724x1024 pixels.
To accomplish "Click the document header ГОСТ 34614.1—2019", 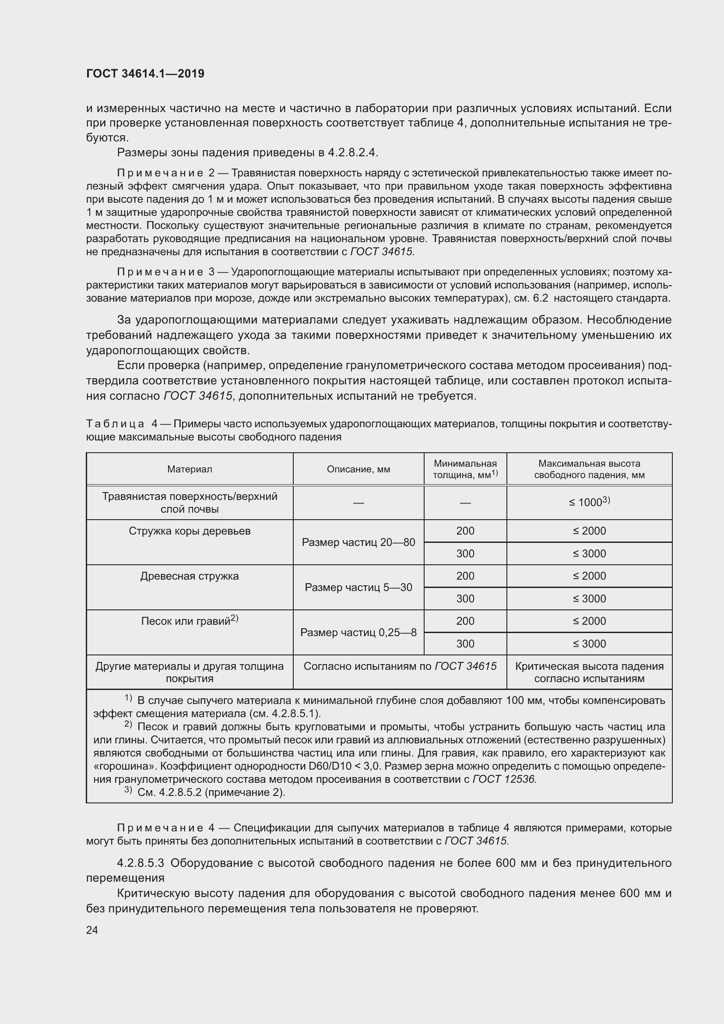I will pos(145,74).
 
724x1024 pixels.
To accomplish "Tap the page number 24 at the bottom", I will pos(92,930).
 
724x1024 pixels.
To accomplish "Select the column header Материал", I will pos(190,469).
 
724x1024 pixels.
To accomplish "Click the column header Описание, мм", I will pos(358,469).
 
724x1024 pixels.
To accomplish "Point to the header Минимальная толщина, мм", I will pos(465,469).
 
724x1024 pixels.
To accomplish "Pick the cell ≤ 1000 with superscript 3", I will pos(589,502).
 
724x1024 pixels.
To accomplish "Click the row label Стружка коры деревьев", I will pos(190,531).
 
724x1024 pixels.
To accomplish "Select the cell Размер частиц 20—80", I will pos(358,542).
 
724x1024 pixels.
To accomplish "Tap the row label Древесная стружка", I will pos(190,576).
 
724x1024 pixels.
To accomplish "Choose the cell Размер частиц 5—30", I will pos(358,588).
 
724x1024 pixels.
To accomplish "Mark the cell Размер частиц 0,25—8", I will pos(358,633).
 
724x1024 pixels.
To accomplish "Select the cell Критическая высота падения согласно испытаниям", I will pos(589,672).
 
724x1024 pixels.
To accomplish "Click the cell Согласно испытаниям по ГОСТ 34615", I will pos(400,666).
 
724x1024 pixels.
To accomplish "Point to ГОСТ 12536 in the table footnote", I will pos(504,779).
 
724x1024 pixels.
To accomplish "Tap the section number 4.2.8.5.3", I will pos(141,863).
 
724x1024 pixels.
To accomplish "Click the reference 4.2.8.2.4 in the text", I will pos(352,152).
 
